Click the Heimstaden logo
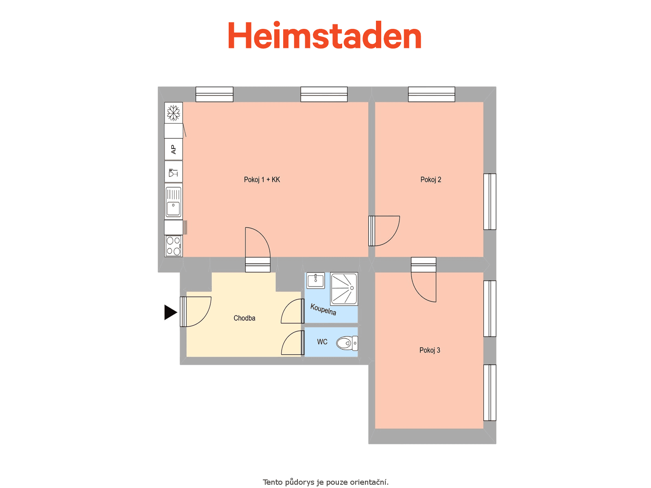click(x=324, y=35)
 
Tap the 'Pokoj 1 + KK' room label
click(x=262, y=180)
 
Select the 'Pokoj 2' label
click(x=430, y=180)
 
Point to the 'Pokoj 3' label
click(x=429, y=350)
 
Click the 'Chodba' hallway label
click(x=244, y=318)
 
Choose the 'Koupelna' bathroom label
click(x=323, y=309)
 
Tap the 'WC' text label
click(x=322, y=342)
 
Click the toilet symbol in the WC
click(x=347, y=343)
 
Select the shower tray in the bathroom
click(x=344, y=289)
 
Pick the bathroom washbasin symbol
click(x=316, y=280)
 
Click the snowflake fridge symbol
click(x=173, y=113)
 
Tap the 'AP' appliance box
click(x=173, y=149)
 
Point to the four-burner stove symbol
click(x=173, y=246)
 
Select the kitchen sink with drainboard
click(x=173, y=201)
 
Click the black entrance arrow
click(x=170, y=312)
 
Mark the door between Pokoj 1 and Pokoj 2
click(x=384, y=231)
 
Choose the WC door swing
click(x=293, y=343)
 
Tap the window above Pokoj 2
click(x=431, y=94)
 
